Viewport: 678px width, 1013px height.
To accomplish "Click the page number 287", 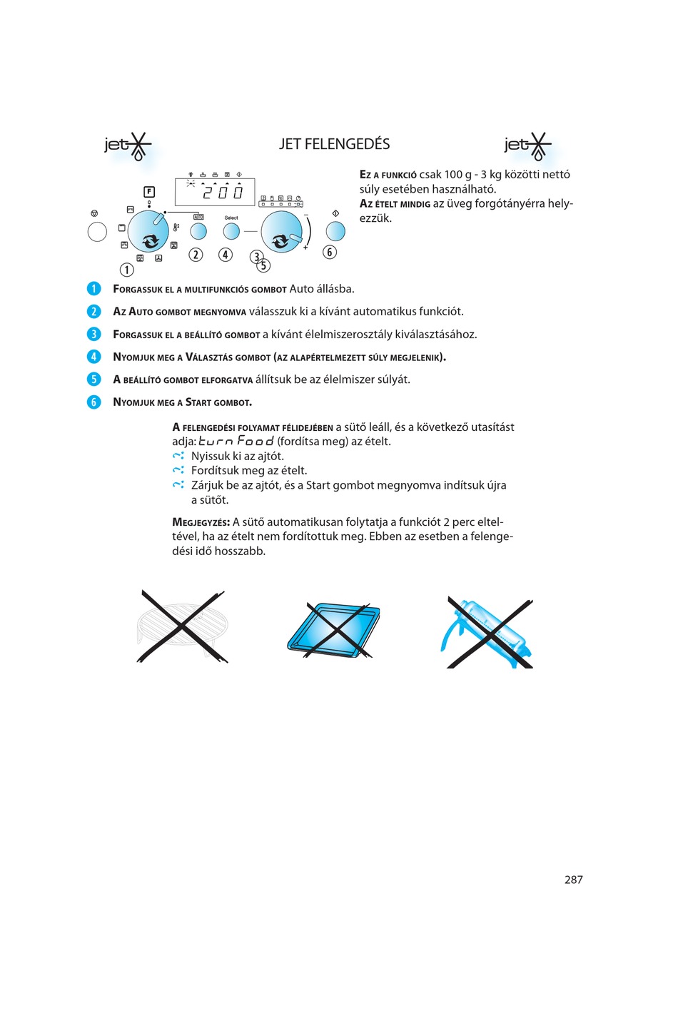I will (573, 880).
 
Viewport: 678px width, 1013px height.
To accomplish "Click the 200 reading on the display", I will (223, 192).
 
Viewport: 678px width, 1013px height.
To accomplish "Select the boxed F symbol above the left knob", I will (149, 191).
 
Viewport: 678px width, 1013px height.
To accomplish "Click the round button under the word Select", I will (231, 231).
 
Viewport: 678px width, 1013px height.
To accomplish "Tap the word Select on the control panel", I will (231, 218).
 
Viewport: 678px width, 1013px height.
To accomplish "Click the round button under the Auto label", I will (198, 231).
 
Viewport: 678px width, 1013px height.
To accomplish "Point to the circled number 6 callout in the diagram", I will (329, 252).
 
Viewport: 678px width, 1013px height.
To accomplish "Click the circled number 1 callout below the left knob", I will (126, 270).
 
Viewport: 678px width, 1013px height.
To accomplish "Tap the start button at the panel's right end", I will (335, 231).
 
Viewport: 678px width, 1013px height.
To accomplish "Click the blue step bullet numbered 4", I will (93, 357).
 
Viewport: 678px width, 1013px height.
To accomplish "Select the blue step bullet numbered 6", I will (93, 402).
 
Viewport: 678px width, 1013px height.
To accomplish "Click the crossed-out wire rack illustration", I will (182, 626).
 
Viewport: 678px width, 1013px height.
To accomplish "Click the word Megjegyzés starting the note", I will (201, 522).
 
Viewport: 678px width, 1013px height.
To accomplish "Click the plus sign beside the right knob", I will (305, 248).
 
